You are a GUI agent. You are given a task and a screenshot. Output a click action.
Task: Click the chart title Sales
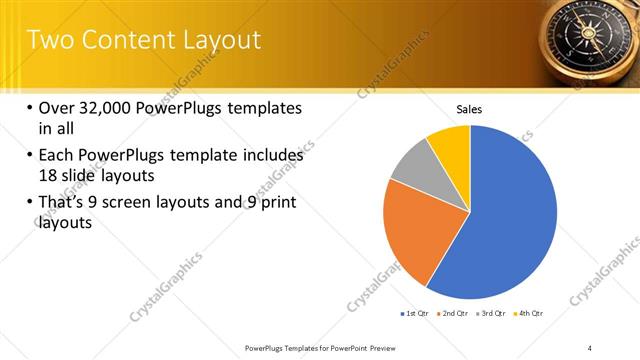tap(470, 108)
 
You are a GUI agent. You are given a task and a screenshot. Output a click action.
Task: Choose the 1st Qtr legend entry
tap(415, 313)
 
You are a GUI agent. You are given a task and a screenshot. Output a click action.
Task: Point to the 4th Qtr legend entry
tap(531, 313)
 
